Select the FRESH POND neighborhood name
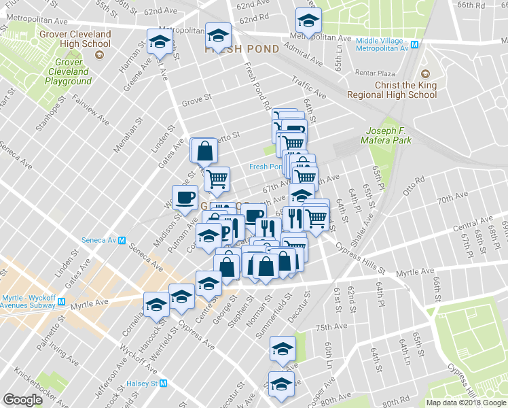(242, 50)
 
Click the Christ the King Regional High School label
(392, 90)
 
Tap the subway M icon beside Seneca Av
(122, 240)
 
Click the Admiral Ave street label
(304, 55)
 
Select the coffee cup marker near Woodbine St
(185, 197)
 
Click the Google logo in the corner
(22, 400)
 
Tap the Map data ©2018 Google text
(465, 403)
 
